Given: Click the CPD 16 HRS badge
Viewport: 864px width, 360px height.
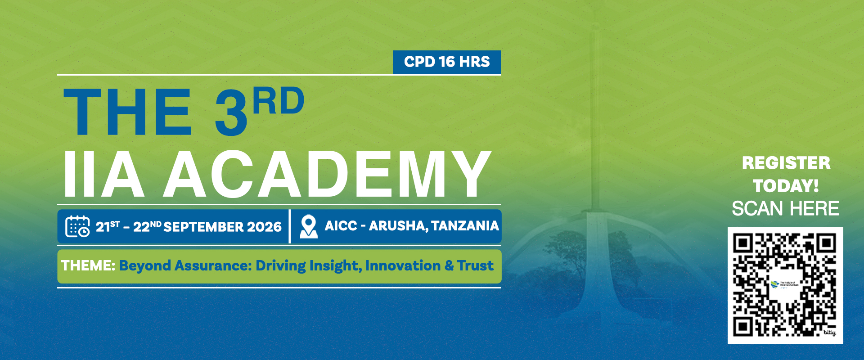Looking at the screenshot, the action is coord(447,62).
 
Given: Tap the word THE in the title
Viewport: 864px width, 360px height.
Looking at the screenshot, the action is coord(128,112).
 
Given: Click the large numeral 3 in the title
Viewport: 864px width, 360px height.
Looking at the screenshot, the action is coord(231,112).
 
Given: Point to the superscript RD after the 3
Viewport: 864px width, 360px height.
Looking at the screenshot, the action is coord(279,100).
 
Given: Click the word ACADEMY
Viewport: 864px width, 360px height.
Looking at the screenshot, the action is coord(327,174).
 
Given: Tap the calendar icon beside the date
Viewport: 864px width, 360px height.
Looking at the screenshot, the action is coord(77,226).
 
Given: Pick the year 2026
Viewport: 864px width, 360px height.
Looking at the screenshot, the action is coord(264,227).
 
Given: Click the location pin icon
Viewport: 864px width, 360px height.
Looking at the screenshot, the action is coord(309,226).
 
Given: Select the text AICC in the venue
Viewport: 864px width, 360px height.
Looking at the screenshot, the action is coord(341,225).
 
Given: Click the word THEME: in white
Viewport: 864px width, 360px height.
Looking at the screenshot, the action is coord(88,265).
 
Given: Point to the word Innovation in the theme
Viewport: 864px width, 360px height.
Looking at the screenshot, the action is coord(403,265).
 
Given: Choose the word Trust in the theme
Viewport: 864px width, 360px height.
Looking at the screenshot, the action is coord(475,265).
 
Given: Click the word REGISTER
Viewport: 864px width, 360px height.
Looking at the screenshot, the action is coord(786,163).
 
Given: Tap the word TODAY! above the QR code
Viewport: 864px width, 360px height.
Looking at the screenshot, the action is coord(786,186).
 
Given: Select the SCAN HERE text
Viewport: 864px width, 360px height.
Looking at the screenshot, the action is coord(785,209).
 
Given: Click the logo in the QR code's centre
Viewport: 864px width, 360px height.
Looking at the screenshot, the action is coord(785,285).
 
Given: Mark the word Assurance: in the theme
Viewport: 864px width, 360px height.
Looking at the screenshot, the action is coord(213,265).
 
